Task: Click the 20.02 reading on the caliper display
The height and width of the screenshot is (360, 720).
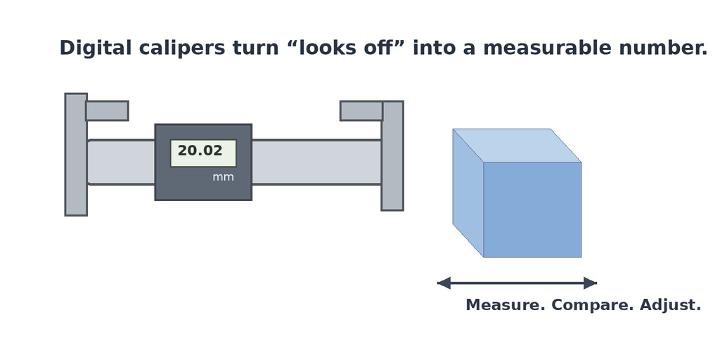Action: pyautogui.click(x=200, y=150)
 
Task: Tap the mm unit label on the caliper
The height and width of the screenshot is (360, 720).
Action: pyautogui.click(x=223, y=177)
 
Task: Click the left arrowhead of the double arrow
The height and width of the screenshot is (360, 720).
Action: pyautogui.click(x=444, y=283)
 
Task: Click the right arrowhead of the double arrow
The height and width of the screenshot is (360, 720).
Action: pyautogui.click(x=590, y=283)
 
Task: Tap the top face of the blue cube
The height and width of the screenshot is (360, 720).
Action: pyautogui.click(x=517, y=146)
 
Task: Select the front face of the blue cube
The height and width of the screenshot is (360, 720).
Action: pyautogui.click(x=532, y=210)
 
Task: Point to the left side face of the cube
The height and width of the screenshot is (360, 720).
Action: pyautogui.click(x=468, y=193)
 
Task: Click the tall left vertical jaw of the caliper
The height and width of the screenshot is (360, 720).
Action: pyautogui.click(x=76, y=155)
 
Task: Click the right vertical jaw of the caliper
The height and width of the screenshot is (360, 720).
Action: pyautogui.click(x=392, y=155)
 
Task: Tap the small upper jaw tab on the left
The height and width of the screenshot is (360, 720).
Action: pyautogui.click(x=107, y=110)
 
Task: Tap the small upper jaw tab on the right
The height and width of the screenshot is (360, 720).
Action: pyautogui.click(x=361, y=110)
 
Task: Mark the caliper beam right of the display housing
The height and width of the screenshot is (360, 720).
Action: pyautogui.click(x=316, y=162)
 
